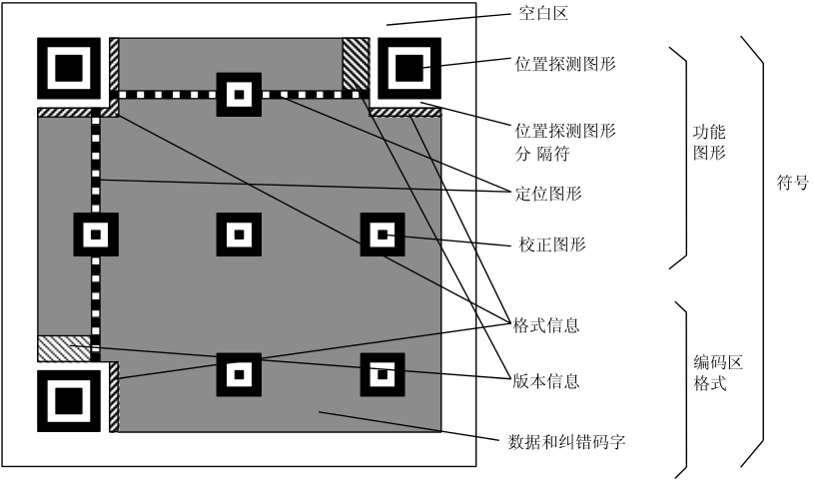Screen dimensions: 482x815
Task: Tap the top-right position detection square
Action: tap(407, 69)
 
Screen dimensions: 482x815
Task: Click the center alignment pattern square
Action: tap(239, 235)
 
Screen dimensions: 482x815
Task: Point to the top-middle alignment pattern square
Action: tap(239, 95)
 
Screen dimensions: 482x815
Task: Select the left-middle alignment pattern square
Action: tap(97, 235)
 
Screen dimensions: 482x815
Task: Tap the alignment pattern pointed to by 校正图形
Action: tap(383, 236)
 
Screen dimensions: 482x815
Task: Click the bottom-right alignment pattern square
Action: tap(383, 375)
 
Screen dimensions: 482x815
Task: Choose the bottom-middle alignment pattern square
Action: tap(239, 375)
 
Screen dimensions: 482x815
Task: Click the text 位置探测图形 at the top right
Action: tap(564, 63)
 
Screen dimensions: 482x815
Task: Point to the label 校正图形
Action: tap(552, 244)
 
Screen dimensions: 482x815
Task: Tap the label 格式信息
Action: tap(546, 326)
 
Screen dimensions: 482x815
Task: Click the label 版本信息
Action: tap(546, 381)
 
